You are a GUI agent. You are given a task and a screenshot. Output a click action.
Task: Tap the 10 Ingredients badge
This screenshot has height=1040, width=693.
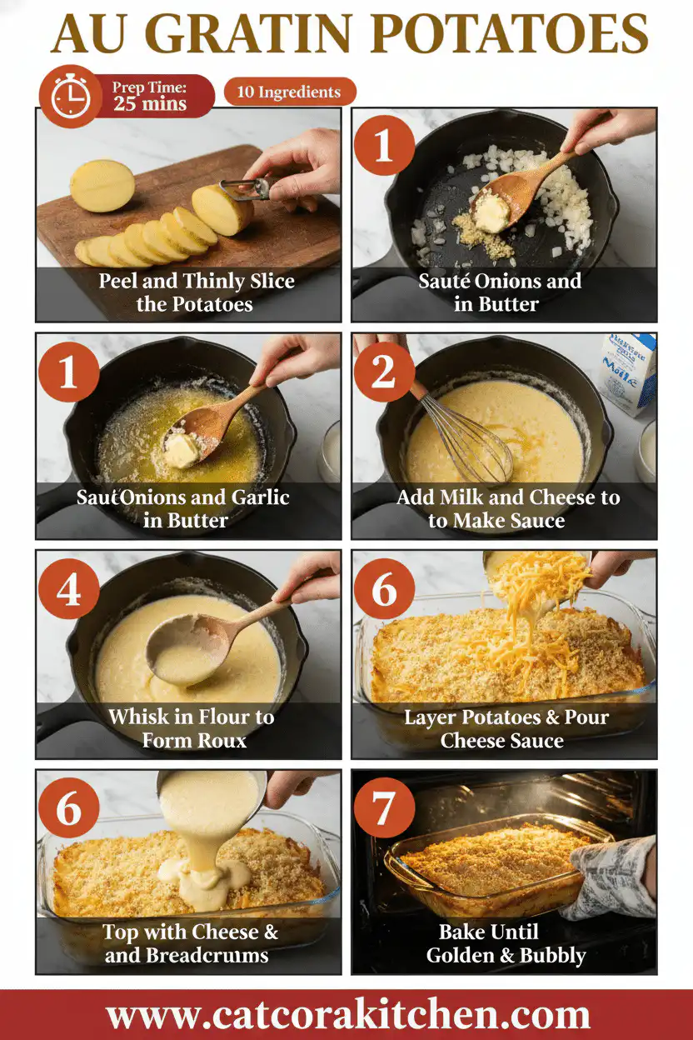click(289, 92)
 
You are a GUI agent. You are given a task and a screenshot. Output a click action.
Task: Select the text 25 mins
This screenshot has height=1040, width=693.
click(151, 105)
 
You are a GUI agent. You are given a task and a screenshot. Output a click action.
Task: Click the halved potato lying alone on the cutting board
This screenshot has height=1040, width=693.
click(102, 185)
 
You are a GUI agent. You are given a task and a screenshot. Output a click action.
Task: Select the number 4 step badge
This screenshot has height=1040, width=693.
click(67, 589)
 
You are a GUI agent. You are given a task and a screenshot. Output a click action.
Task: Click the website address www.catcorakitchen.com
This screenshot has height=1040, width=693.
click(347, 1016)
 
